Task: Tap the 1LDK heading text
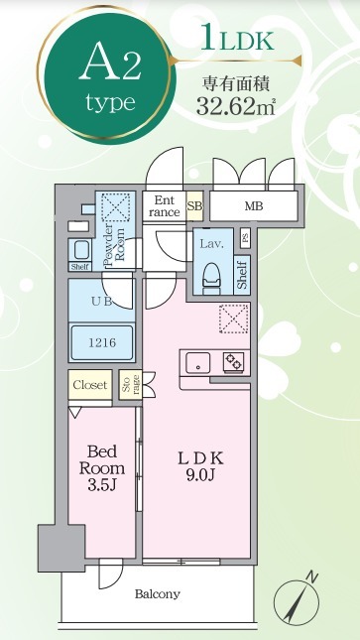pyautogui.click(x=237, y=38)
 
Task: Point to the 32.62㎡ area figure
pyautogui.click(x=236, y=106)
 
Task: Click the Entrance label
pyautogui.click(x=164, y=206)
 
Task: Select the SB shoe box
pyautogui.click(x=194, y=206)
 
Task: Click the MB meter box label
pyautogui.click(x=254, y=206)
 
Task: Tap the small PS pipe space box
pyautogui.click(x=245, y=238)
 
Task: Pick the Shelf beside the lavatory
pyautogui.click(x=242, y=275)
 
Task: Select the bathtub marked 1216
pyautogui.click(x=101, y=342)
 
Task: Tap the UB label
pyautogui.click(x=101, y=302)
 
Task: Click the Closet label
pyautogui.click(x=90, y=385)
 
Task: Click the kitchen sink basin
pyautogui.click(x=198, y=362)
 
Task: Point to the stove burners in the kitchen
pyautogui.click(x=233, y=361)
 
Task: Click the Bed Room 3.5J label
pyautogui.click(x=102, y=468)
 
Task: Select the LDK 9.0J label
pyautogui.click(x=200, y=467)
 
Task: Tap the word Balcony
pyautogui.click(x=158, y=594)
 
